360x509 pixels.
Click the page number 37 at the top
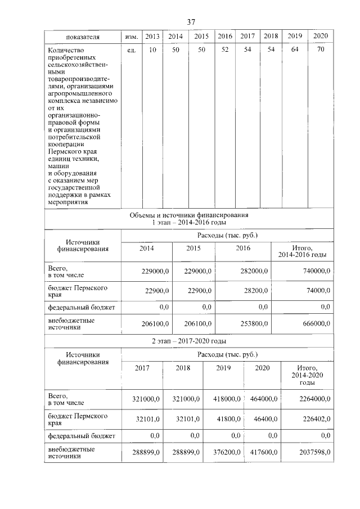191,21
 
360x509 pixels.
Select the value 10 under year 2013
152,51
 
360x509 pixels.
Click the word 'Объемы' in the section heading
141,215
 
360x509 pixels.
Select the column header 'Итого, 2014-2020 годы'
304,375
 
